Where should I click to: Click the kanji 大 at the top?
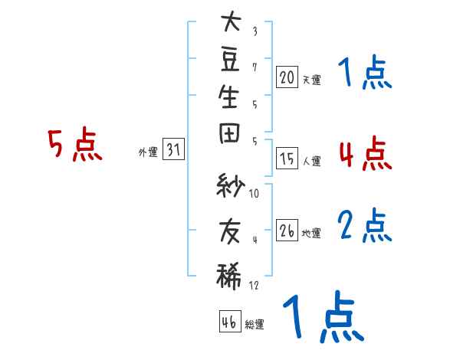click(232, 21)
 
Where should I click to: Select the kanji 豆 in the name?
click(230, 60)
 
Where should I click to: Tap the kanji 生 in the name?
click(228, 97)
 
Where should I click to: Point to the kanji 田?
click(229, 133)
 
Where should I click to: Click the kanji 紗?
click(230, 185)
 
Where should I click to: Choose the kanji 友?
click(230, 232)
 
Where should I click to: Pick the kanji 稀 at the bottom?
click(228, 277)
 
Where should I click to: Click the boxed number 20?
click(287, 77)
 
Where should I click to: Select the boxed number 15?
click(287, 159)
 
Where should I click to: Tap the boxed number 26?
click(287, 230)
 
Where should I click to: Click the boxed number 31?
click(173, 149)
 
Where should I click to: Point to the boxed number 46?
click(230, 321)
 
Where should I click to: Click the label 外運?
click(148, 152)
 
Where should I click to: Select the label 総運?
click(255, 324)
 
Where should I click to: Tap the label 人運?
click(311, 161)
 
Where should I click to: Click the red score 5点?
click(75, 144)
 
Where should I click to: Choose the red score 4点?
click(366, 153)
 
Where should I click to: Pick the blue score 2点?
click(365, 225)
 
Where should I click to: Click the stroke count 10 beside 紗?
click(254, 194)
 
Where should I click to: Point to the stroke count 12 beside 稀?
click(254, 285)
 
